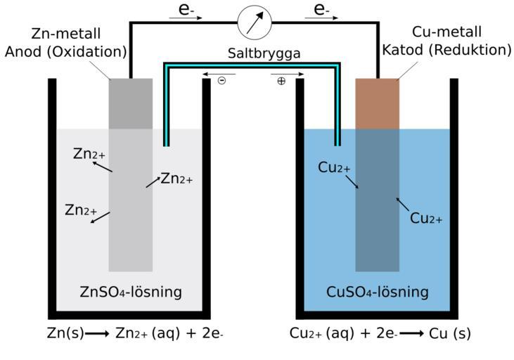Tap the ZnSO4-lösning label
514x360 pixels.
pos(131,290)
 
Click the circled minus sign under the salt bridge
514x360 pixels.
pos(222,81)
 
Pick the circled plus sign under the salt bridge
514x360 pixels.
pos(281,81)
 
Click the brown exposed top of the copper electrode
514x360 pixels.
pos(377,103)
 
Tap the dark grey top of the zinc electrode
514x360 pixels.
pos(131,103)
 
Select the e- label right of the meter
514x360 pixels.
pos(322,10)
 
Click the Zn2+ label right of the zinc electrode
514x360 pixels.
pos(176,179)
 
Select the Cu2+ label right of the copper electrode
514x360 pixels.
pos(426,219)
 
